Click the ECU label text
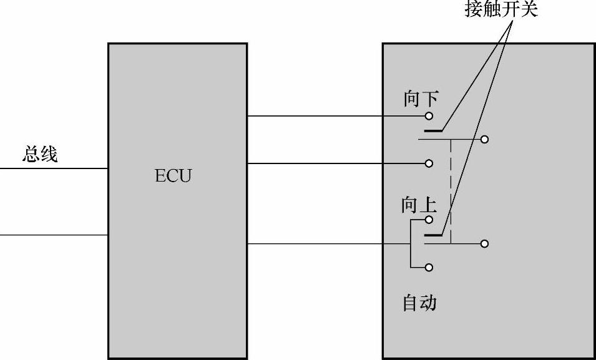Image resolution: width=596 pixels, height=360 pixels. click(173, 176)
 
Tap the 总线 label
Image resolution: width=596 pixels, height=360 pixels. click(40, 154)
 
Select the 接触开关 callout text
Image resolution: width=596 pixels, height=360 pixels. click(501, 10)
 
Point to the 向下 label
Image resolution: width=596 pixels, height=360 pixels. click(421, 99)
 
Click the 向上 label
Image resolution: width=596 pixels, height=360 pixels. click(419, 205)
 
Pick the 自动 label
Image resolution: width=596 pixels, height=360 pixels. click(419, 303)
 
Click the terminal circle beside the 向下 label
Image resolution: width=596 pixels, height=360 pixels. click(429, 116)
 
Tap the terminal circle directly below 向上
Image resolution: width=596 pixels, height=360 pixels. click(429, 220)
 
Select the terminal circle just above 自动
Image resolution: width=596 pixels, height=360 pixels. click(429, 268)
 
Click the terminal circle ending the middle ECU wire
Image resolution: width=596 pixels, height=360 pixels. click(429, 163)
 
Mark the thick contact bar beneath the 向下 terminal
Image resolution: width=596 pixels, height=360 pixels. click(432, 131)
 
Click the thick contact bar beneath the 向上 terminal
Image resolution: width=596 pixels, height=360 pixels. click(432, 236)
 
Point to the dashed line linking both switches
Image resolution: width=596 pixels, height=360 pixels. click(451, 187)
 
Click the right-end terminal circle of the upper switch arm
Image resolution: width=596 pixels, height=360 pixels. click(484, 139)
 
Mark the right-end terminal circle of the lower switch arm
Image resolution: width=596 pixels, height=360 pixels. click(484, 244)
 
